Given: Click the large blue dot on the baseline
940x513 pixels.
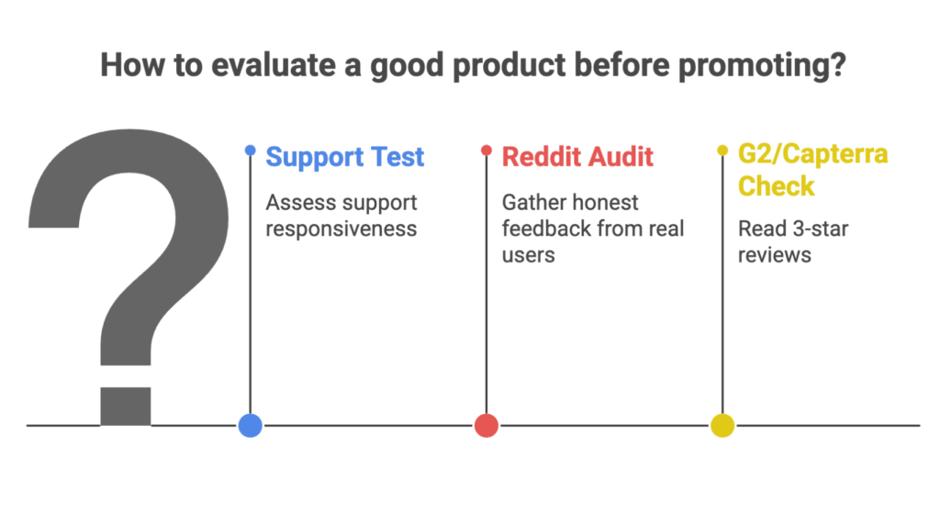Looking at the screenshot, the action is [x=250, y=426].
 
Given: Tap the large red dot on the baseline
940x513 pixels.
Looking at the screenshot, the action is [x=487, y=426].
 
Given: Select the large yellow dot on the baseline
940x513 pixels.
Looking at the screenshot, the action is [x=722, y=426].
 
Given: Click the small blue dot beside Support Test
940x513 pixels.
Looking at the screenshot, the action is [x=250, y=151].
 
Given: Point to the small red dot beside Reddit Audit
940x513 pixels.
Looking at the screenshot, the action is [x=487, y=151].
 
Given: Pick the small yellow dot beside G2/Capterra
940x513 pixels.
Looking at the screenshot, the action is [x=722, y=151].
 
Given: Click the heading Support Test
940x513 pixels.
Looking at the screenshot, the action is [x=345, y=157].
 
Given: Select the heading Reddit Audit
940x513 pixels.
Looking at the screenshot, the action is [x=577, y=157].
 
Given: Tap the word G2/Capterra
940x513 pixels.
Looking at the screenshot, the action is [x=813, y=154].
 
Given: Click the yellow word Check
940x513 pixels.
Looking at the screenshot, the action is [x=777, y=185].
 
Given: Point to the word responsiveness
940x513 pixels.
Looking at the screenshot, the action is [x=341, y=229].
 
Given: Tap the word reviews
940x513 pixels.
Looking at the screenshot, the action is [x=775, y=255].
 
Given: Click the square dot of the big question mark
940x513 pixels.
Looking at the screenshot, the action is [x=125, y=407].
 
